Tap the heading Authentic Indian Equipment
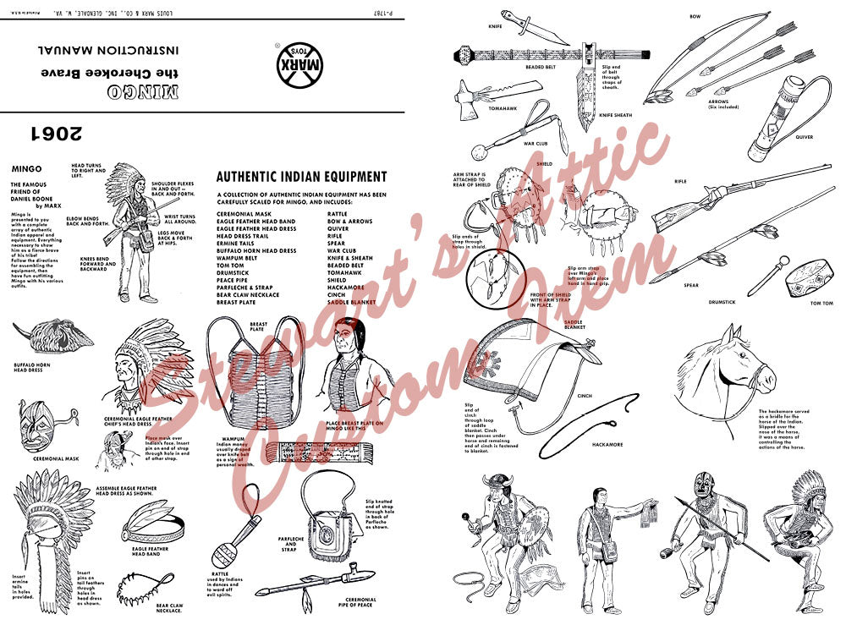click(x=301, y=177)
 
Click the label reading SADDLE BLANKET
click(x=574, y=325)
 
